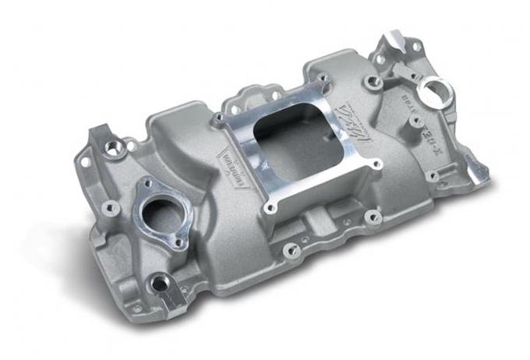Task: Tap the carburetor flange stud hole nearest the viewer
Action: point(270,208)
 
